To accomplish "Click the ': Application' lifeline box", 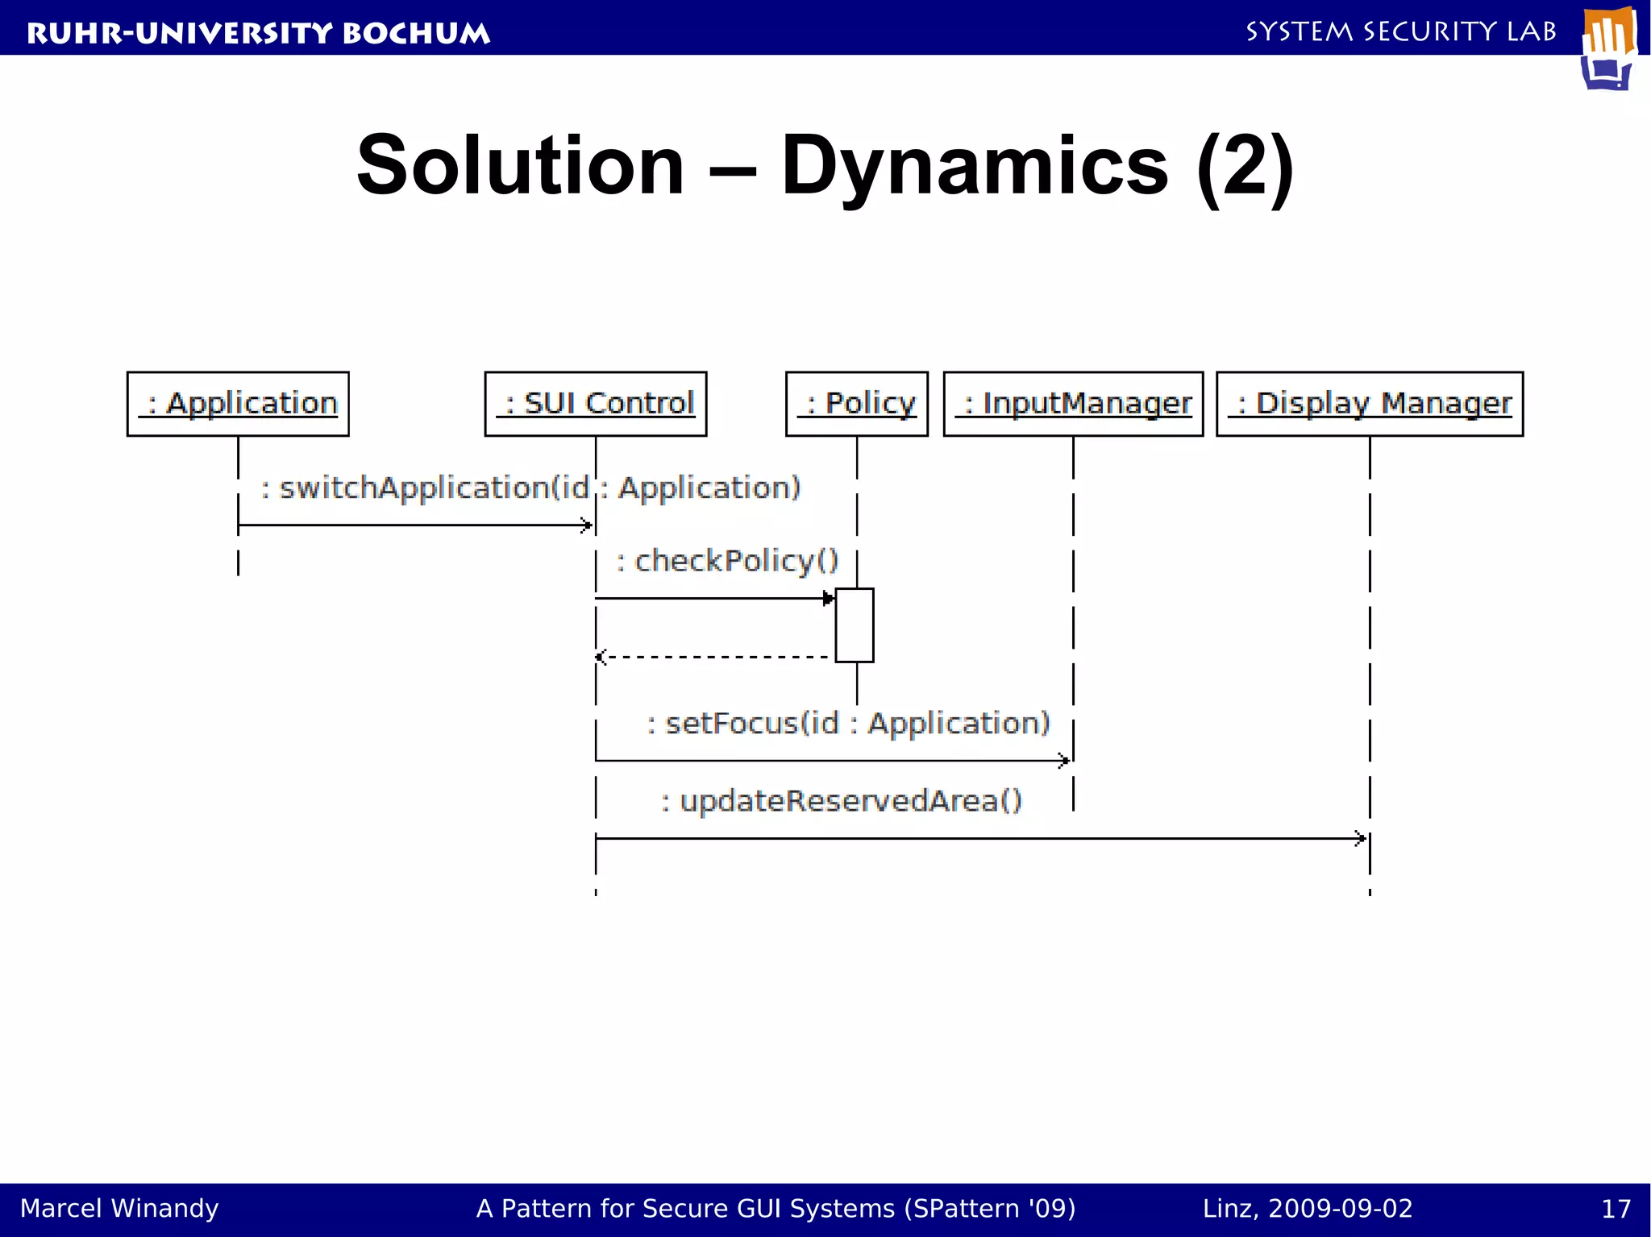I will pyautogui.click(x=238, y=404).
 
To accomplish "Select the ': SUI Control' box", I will pyautogui.click(x=596, y=404).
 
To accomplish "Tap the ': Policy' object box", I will pyautogui.click(x=857, y=404).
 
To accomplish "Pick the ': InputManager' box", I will pyautogui.click(x=1073, y=404).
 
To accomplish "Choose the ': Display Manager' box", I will pyautogui.click(x=1370, y=404).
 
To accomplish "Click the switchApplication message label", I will pyautogui.click(x=530, y=488).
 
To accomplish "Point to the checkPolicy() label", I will pyautogui.click(x=727, y=561).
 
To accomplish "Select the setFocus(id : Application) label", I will pyautogui.click(x=849, y=724).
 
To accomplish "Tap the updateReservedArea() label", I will pyautogui.click(x=842, y=801).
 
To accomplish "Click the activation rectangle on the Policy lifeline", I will pyautogui.click(x=855, y=625).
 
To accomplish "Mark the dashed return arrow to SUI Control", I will pyautogui.click(x=713, y=658).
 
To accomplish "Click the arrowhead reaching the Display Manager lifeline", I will pyautogui.click(x=1361, y=839).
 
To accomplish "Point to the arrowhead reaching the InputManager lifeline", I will pyautogui.click(x=1064, y=760).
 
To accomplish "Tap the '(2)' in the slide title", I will pyautogui.click(x=1245, y=167).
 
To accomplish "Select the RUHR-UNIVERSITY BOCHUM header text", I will pyautogui.click(x=258, y=33).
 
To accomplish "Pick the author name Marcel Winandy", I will pyautogui.click(x=119, y=1209).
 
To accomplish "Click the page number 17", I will pyautogui.click(x=1616, y=1209).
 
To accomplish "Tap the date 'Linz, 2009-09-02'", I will pyautogui.click(x=1308, y=1209).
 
